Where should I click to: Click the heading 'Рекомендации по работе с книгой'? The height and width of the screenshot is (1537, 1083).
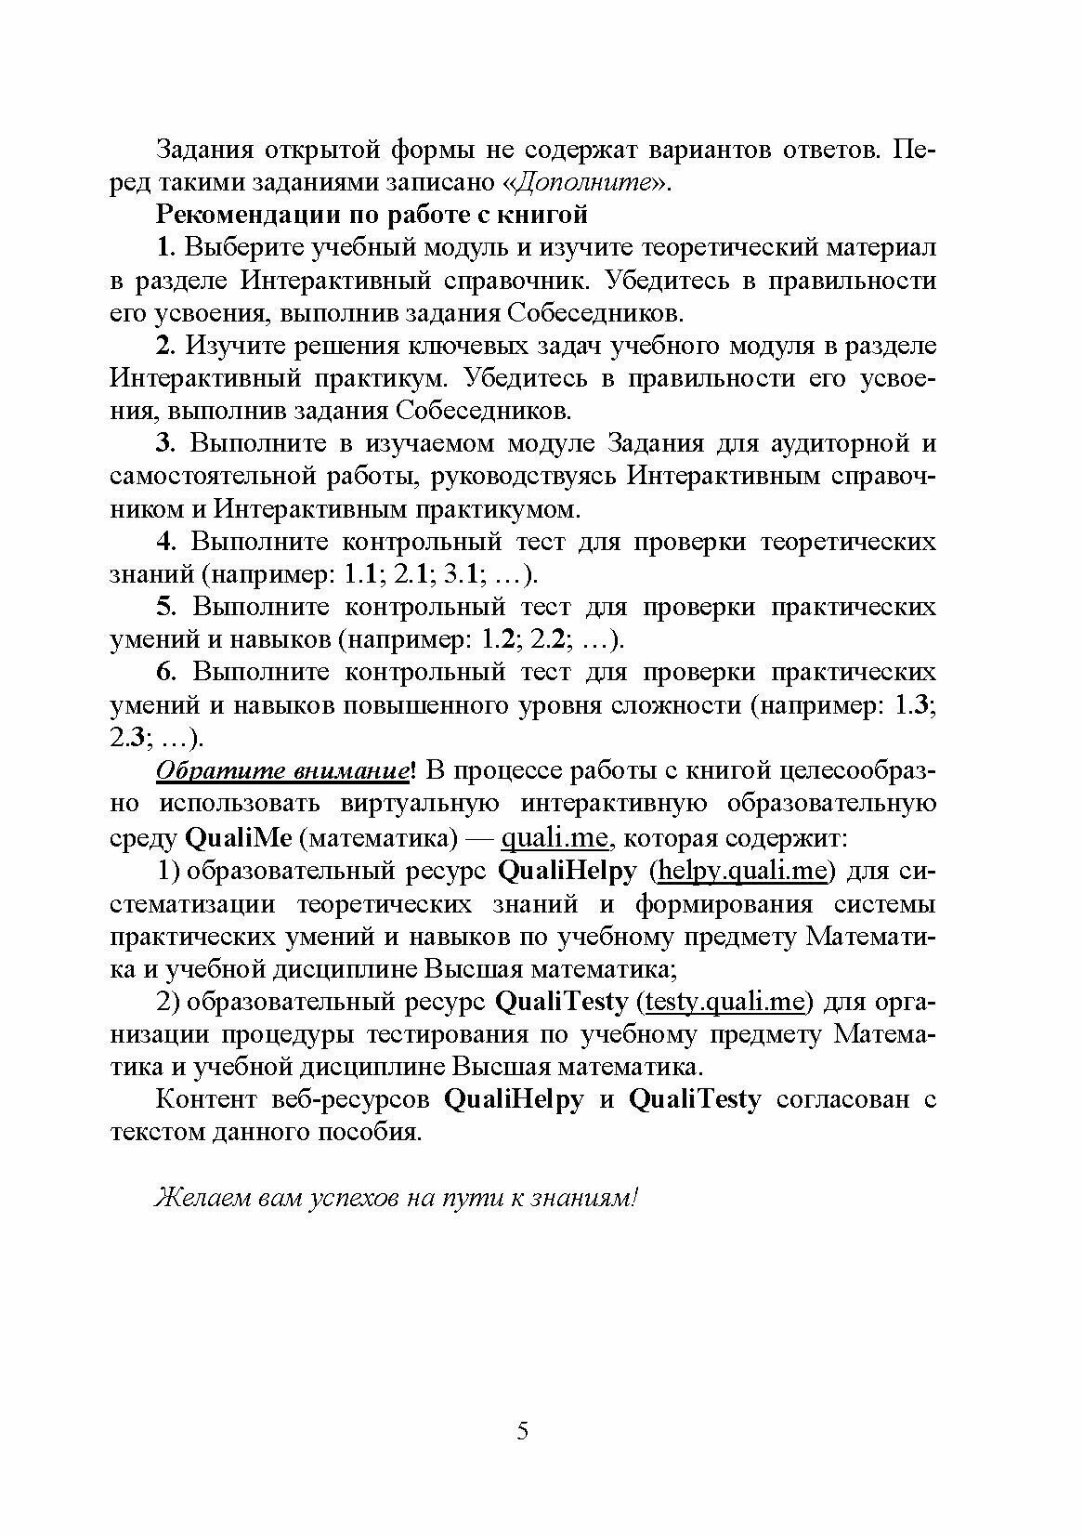coord(372,215)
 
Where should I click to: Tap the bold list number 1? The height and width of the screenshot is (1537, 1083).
coord(165,247)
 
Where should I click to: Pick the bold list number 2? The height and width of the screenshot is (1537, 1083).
coord(165,346)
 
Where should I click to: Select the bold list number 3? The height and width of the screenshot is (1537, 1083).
coord(165,443)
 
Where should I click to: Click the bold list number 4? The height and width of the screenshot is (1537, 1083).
coord(165,542)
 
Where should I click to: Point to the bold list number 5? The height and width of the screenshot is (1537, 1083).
coord(165,607)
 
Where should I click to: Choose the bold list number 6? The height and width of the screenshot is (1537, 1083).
coord(165,672)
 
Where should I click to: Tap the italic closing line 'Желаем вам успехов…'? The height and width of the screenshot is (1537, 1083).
coord(398,1197)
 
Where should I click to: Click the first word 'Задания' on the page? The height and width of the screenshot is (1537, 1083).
coord(202,150)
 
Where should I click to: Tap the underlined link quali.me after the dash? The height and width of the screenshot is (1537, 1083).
coord(555,838)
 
